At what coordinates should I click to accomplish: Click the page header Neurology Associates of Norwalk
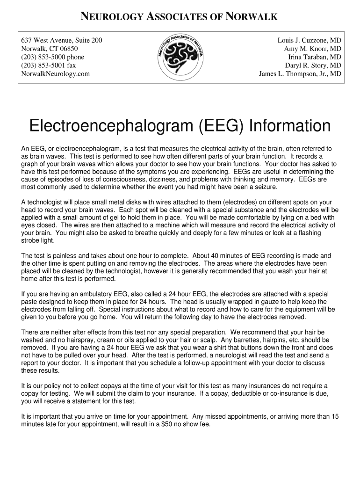tap(180, 17)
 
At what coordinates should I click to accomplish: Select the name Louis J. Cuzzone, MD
tap(309, 40)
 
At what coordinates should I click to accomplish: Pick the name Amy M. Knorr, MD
tap(312, 49)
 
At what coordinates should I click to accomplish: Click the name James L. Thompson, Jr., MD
tap(300, 74)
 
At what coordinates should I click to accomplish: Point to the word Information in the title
tap(290, 126)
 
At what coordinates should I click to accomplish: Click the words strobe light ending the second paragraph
tap(38, 240)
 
